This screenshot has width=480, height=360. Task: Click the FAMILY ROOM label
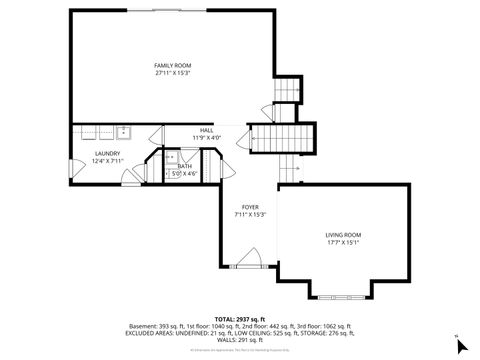pos(172,64)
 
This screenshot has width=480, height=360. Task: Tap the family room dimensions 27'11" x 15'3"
pos(172,72)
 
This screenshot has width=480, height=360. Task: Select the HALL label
pos(206,130)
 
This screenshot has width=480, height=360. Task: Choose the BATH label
pos(184,166)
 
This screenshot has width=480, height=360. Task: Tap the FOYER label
pos(249,208)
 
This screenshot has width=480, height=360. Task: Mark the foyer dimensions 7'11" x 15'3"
pos(249,215)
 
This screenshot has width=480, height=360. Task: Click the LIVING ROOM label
pos(342,234)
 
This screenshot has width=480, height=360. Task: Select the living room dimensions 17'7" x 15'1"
pos(342,242)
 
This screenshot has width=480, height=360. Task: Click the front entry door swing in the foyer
pos(250,262)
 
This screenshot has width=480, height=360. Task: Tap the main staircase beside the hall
pos(280,136)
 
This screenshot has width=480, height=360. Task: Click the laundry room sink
pos(124,131)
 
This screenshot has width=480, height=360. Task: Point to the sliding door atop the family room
pos(172,10)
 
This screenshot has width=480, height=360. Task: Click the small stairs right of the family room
pos(287,91)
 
